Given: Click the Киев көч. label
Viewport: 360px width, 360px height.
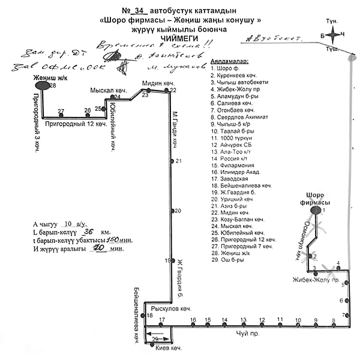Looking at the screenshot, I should pos(168,347).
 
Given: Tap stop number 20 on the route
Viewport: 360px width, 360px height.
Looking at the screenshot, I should pos(175,211).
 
